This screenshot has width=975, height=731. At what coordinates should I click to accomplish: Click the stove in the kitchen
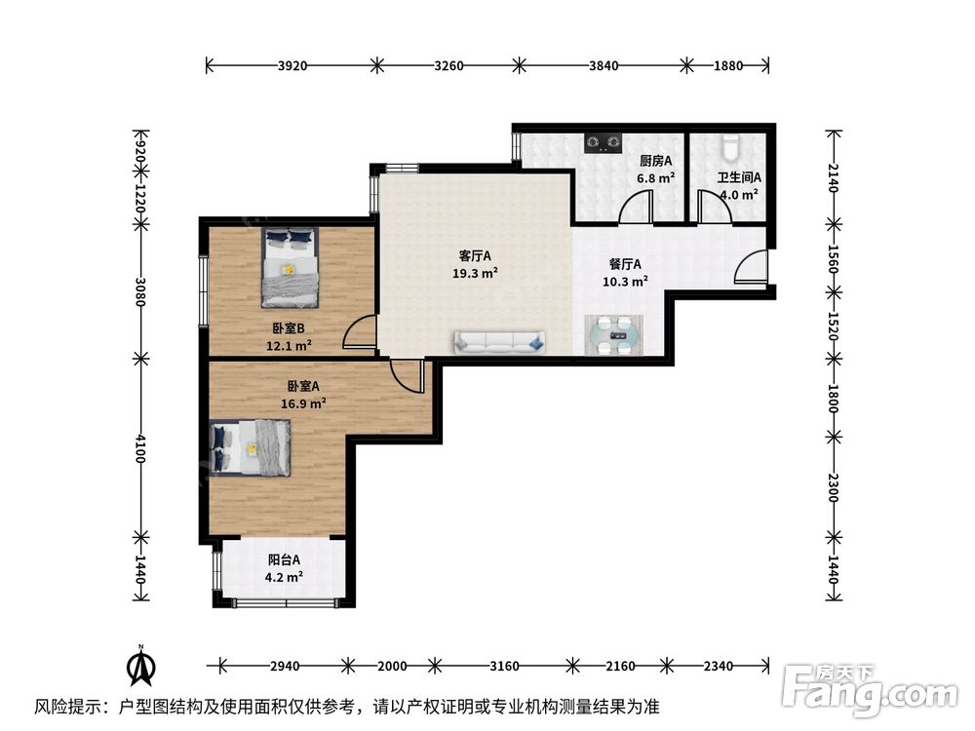pos(603,144)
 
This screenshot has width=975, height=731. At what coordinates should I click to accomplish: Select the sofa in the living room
pos(498,341)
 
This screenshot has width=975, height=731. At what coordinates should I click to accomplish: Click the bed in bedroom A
pos(251,446)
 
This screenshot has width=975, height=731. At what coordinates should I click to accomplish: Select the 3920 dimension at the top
pos(292,66)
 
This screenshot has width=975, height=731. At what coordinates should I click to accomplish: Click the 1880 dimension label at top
pos(728,66)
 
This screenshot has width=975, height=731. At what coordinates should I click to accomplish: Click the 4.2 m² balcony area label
pos(284,576)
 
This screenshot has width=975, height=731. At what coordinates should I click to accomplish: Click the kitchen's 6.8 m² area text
pos(655,178)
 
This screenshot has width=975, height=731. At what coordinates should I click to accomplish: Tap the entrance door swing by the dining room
pos(751,267)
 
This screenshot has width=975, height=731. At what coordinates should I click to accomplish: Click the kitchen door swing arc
pos(638,207)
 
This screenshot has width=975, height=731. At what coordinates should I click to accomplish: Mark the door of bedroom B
pos(360,333)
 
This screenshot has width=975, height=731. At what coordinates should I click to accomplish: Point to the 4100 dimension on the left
pos(141,448)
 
